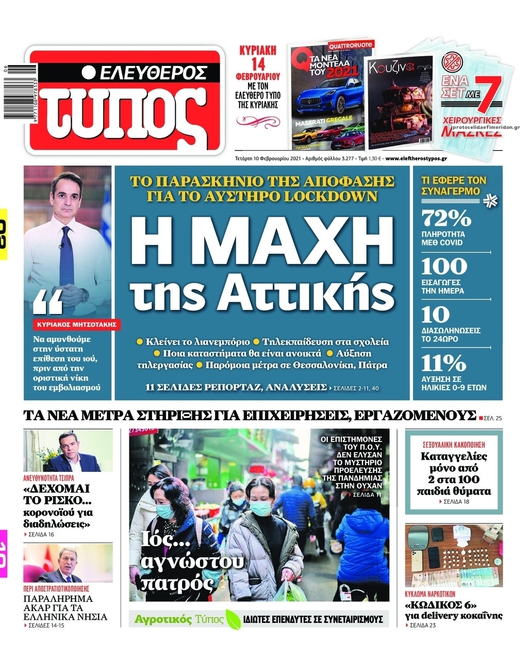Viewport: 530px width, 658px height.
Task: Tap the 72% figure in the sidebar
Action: (446, 219)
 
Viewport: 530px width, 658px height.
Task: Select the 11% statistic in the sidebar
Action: (443, 364)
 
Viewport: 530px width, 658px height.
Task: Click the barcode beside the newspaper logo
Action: (11, 93)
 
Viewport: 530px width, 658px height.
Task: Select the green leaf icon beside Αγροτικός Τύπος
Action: (233, 619)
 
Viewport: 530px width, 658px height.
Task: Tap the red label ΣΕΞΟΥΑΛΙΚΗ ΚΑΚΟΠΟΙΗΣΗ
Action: (454, 444)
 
